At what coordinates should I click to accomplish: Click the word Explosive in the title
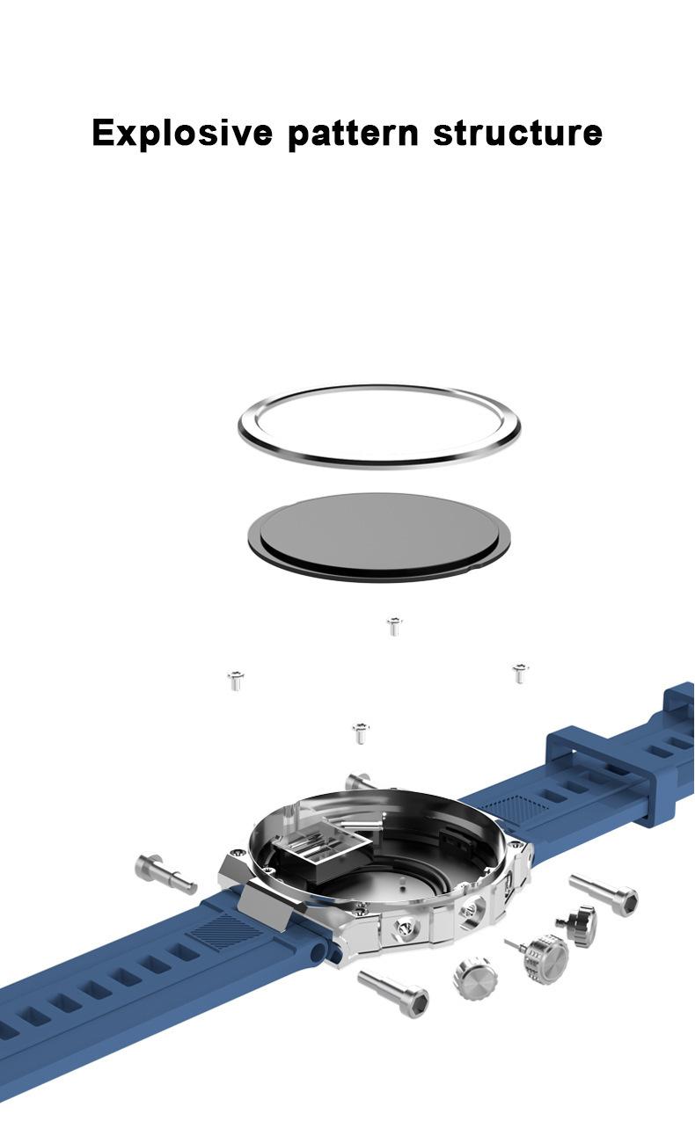coord(182,133)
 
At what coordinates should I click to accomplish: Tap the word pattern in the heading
coord(353,134)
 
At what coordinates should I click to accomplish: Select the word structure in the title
coord(518,133)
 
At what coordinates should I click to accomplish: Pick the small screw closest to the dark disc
coord(394,626)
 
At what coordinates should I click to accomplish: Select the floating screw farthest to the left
coord(236,681)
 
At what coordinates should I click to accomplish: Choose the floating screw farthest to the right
coord(520,673)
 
